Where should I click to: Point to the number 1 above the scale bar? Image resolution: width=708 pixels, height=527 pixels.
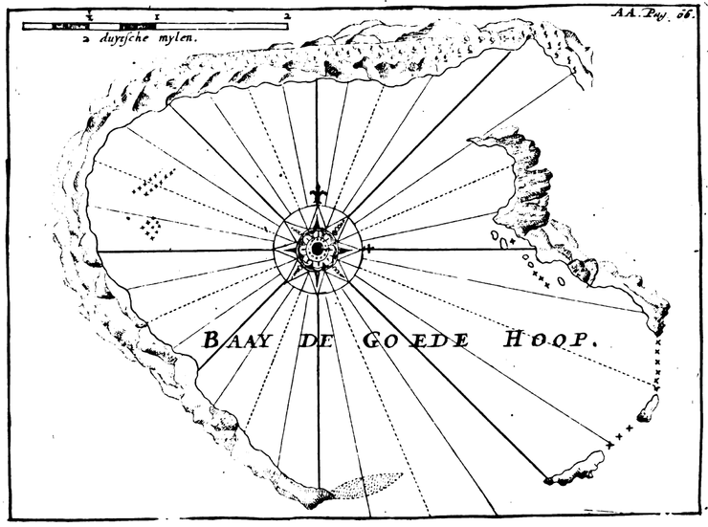[155, 16]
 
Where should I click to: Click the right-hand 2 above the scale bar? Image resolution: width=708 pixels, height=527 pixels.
[286, 16]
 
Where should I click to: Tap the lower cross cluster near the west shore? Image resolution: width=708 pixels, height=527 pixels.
[150, 227]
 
